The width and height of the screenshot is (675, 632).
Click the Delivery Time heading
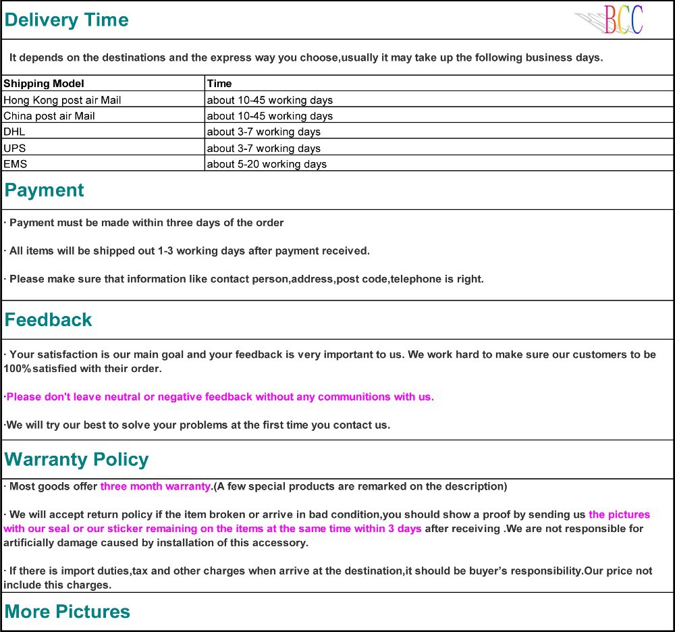[66, 20]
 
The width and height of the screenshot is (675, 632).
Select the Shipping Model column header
[44, 84]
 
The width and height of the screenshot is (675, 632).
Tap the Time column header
[219, 84]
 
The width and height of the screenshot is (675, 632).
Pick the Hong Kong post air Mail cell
[62, 100]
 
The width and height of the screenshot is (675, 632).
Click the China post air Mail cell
[49, 116]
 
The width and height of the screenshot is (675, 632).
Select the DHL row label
[14, 132]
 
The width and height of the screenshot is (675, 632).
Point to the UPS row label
[15, 148]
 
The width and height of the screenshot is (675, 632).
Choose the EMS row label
[15, 164]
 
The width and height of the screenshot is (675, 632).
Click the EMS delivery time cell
[267, 164]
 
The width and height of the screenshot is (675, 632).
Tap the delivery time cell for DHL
[263, 132]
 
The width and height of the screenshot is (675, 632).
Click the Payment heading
[45, 190]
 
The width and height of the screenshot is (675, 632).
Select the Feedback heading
[48, 320]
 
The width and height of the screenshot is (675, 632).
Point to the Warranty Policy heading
[76, 460]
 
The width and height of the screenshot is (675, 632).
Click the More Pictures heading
[67, 612]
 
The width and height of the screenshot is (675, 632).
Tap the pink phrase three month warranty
[155, 486]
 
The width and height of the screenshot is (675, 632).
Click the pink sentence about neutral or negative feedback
[220, 397]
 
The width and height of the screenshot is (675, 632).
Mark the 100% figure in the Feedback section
[16, 369]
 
